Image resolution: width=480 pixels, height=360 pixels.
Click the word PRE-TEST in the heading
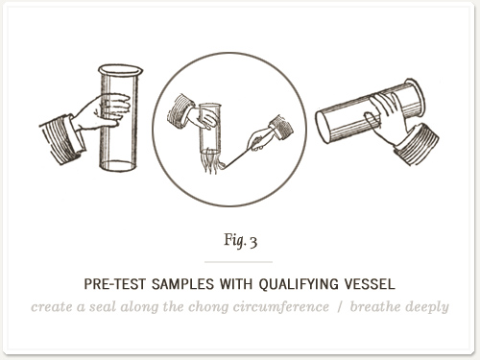[114, 284]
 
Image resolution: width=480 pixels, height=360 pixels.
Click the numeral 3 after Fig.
[253, 242]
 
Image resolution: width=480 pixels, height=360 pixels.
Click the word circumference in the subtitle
[280, 306]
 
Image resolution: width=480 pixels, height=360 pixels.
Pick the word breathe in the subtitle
[373, 306]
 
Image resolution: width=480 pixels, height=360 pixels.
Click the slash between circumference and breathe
[340, 307]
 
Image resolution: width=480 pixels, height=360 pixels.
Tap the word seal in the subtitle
[103, 306]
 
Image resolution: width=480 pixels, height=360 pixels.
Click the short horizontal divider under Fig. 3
[238, 262]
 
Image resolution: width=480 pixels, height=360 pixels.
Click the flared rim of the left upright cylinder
[120, 70]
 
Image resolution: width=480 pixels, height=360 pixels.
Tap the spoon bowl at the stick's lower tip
[221, 165]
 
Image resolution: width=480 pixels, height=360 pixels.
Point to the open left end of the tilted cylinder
[323, 127]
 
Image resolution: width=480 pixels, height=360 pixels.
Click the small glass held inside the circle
[210, 128]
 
